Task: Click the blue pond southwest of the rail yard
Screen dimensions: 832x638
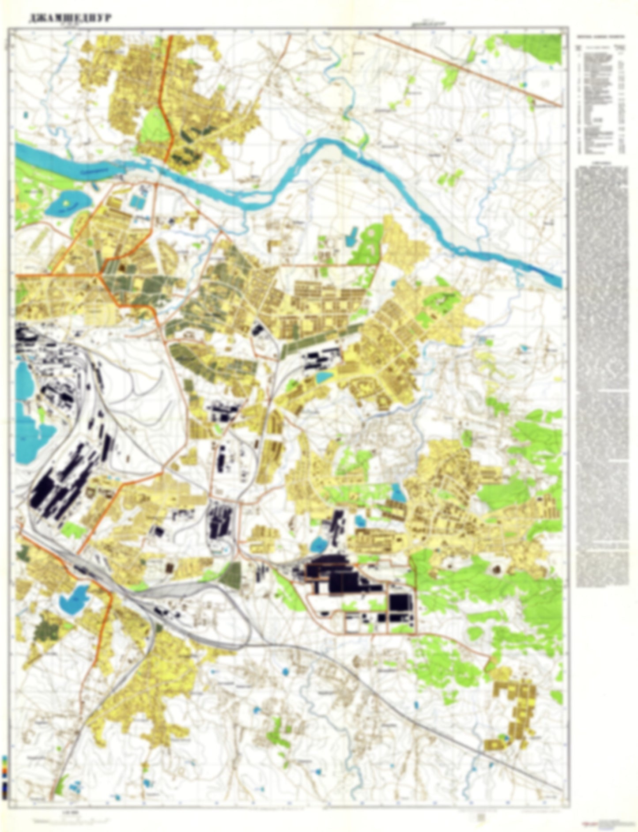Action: (74, 599)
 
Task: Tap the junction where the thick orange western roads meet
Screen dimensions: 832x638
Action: (102, 275)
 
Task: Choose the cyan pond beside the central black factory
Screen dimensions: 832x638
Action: (325, 377)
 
